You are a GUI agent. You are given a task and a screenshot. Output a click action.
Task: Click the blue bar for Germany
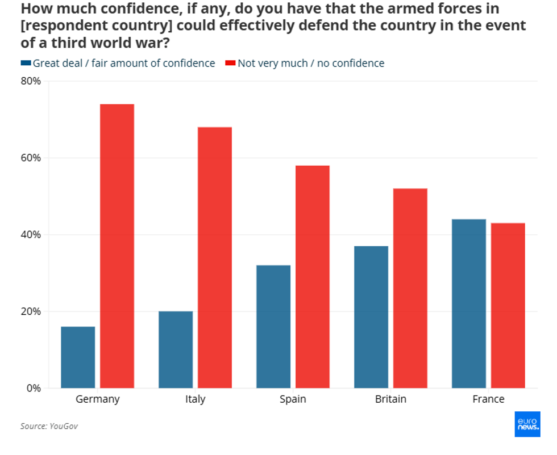(x=78, y=357)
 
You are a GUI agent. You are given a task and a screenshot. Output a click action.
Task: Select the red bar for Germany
(x=117, y=246)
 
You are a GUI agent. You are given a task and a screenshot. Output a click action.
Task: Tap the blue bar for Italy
(x=176, y=349)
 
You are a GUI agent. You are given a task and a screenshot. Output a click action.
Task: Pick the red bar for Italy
(x=215, y=258)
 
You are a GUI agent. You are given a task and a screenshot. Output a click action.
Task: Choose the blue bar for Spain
(x=273, y=327)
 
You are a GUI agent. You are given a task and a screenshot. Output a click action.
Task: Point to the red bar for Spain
(x=313, y=277)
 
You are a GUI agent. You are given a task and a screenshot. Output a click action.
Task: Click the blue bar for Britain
(x=371, y=317)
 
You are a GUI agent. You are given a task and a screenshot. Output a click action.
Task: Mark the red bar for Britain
(x=410, y=288)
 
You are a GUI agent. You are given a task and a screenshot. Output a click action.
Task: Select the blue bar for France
(x=469, y=304)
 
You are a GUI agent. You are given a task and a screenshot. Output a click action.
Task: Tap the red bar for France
(x=508, y=306)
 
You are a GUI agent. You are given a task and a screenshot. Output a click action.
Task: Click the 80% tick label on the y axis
(x=31, y=81)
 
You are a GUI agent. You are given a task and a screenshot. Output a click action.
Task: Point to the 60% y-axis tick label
(x=31, y=158)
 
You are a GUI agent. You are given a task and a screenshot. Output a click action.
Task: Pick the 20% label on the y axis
(x=31, y=311)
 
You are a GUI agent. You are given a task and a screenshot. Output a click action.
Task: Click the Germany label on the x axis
(x=98, y=399)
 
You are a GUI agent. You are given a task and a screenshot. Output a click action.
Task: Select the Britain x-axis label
(x=390, y=399)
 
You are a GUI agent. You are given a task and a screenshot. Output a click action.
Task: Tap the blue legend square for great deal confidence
(x=25, y=64)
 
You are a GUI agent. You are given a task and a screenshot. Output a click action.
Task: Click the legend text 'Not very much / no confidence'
(x=311, y=64)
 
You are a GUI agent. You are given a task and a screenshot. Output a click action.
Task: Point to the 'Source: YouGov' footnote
(x=49, y=426)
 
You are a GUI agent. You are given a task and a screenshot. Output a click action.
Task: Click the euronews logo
(x=527, y=424)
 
